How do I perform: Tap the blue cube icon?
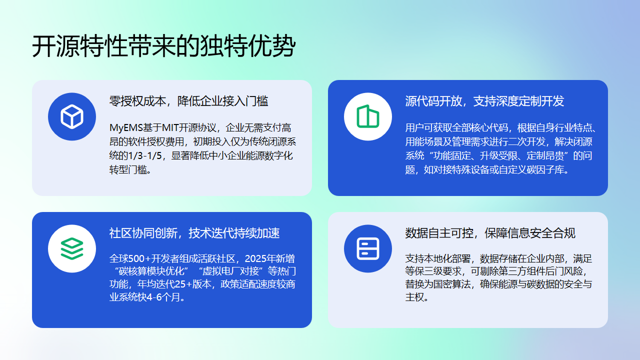pos(71,117)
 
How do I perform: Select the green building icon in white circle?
pos(365,117)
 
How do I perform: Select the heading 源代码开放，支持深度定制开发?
pos(484,101)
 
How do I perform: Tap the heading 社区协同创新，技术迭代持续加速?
pos(195,233)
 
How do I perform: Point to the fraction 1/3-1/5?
pos(149,156)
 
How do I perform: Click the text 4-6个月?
pos(167,297)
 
